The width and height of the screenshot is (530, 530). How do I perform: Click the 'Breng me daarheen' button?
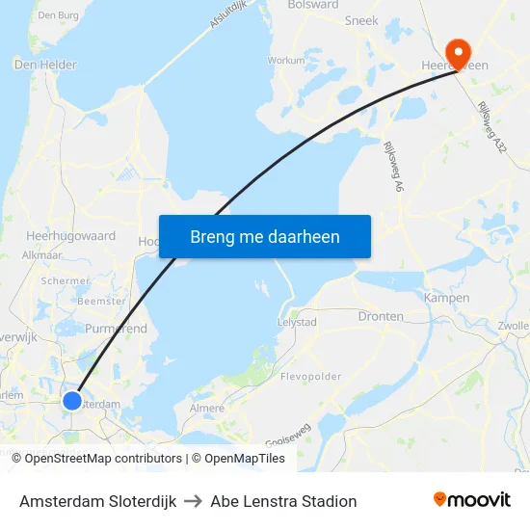click(265, 236)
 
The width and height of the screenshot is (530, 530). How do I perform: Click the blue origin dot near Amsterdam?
click(72, 400)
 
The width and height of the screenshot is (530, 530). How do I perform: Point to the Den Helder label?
click(45, 65)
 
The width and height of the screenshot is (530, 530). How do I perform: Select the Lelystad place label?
click(297, 322)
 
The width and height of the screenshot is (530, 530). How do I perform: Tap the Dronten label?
click(381, 316)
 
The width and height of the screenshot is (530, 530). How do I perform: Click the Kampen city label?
click(446, 298)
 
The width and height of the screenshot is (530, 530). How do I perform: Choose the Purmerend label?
click(117, 329)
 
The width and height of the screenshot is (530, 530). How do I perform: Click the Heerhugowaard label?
click(71, 236)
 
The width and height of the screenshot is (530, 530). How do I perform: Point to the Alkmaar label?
click(42, 256)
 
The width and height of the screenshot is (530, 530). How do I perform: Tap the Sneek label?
click(361, 19)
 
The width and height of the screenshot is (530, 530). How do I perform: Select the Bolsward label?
click(313, 5)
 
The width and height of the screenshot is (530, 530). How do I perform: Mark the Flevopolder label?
click(310, 377)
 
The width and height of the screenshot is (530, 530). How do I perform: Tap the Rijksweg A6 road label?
click(393, 167)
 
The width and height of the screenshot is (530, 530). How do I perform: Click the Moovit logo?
click(472, 500)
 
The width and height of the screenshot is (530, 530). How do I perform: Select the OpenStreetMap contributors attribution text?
click(96, 459)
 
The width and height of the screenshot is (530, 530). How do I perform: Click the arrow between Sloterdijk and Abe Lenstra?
click(193, 501)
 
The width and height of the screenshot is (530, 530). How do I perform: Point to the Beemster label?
click(101, 302)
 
